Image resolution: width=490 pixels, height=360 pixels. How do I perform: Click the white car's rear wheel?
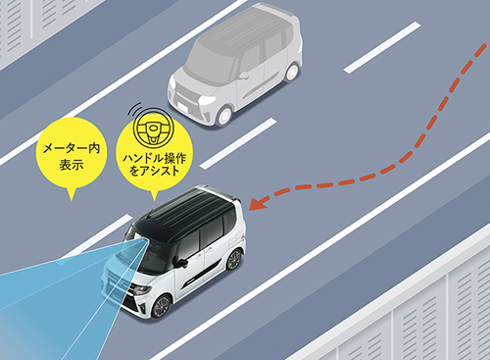pyautogui.click(x=233, y=260)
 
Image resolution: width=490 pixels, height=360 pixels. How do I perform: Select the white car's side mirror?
pyautogui.click(x=180, y=262)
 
